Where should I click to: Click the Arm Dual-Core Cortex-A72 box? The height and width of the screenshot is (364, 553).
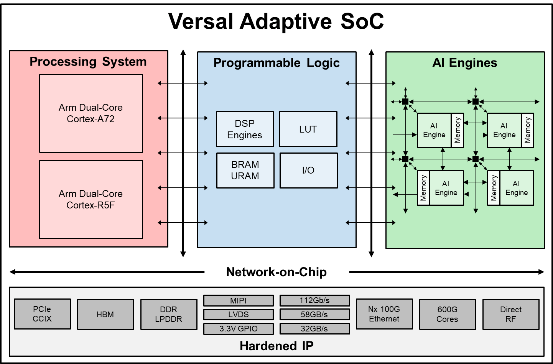(x=91, y=113)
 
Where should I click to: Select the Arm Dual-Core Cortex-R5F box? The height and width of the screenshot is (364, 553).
(x=91, y=199)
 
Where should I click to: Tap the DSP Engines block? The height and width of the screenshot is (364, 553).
(x=245, y=129)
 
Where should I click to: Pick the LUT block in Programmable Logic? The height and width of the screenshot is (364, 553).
(x=308, y=129)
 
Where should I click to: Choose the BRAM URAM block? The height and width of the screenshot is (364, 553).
(x=245, y=171)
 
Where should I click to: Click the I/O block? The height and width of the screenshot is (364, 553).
(x=308, y=171)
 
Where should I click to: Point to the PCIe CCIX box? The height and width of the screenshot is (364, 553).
(x=42, y=314)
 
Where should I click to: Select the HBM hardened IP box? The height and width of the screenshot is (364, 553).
(x=105, y=314)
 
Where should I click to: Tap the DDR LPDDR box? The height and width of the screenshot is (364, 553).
(x=169, y=314)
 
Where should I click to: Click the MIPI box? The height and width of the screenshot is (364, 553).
(x=238, y=300)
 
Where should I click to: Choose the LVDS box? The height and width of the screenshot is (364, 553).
(x=238, y=315)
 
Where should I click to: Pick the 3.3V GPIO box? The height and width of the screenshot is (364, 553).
(x=238, y=329)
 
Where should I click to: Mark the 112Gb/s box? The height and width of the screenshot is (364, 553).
(x=314, y=300)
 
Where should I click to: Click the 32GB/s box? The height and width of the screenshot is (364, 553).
(x=314, y=329)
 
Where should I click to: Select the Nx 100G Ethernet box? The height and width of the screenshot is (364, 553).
(x=384, y=314)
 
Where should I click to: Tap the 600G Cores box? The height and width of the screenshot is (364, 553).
(x=448, y=314)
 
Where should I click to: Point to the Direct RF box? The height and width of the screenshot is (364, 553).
(x=511, y=314)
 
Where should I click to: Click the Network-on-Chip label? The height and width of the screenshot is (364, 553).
(x=276, y=272)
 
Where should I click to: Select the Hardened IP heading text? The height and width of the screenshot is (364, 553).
(x=276, y=346)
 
